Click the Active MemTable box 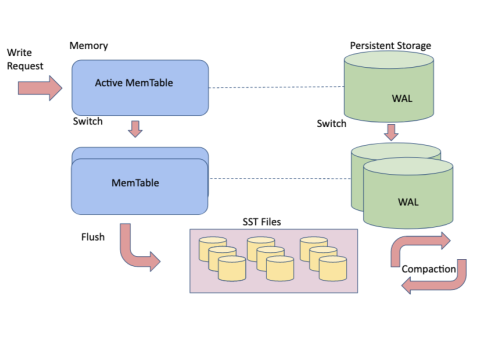140,88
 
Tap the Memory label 88,45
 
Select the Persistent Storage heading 390,45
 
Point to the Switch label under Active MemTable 87,121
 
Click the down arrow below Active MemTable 135,128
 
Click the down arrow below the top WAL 391,132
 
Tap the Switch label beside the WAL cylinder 331,123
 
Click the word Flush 93,236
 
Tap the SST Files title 261,222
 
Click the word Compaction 429,269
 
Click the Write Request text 25,59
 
